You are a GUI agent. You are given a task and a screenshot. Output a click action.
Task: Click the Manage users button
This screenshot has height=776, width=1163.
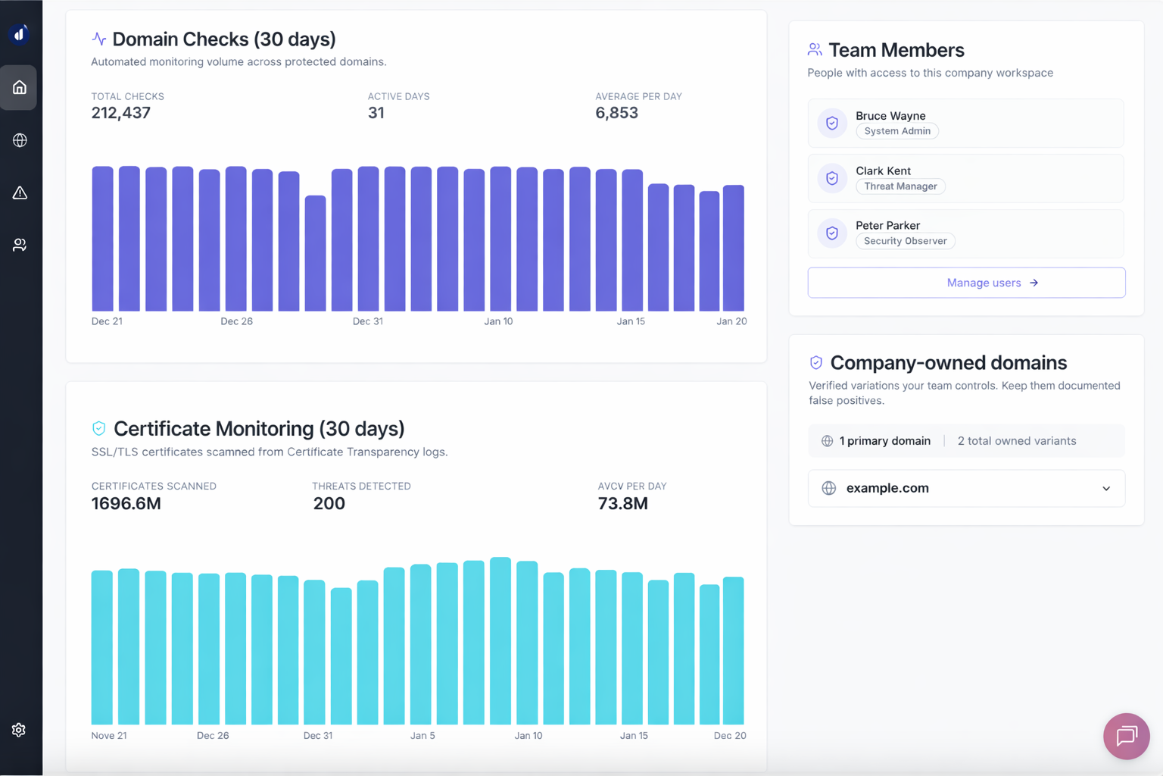[x=966, y=283]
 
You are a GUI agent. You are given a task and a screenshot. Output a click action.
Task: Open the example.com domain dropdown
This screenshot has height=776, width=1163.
[x=966, y=488]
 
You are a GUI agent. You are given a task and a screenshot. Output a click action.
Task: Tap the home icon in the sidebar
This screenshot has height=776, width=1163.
[x=20, y=87]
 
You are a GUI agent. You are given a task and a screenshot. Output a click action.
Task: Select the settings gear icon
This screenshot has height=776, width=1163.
[x=19, y=729]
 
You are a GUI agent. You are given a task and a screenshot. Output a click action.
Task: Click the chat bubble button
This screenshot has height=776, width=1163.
[x=1126, y=735]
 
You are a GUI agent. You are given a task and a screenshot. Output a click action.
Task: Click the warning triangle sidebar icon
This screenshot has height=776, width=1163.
[x=20, y=192]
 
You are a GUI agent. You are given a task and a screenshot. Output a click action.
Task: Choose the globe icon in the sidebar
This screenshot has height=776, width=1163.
[x=20, y=140]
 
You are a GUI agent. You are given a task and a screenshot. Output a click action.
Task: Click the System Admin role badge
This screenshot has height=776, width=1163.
[x=897, y=131]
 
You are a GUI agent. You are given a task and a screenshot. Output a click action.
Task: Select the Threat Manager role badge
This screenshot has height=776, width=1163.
[x=900, y=186]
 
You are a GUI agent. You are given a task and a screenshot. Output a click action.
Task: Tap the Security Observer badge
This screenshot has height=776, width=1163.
[x=905, y=241]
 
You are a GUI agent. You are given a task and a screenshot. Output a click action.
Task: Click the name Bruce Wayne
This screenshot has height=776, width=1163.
[x=890, y=115]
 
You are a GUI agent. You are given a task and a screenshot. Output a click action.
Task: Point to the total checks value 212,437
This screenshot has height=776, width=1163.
[x=121, y=113]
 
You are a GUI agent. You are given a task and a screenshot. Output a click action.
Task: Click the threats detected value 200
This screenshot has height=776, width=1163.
[x=329, y=503]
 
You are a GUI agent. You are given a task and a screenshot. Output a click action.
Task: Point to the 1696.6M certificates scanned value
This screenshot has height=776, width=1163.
[x=126, y=503]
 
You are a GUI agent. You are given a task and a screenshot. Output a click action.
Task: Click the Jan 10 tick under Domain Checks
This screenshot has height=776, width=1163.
[x=498, y=321]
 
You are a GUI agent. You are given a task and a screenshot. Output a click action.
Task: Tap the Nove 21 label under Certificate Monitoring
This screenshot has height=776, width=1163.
[x=109, y=735]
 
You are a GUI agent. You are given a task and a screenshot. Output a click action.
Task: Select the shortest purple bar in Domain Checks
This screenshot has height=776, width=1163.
[x=315, y=253]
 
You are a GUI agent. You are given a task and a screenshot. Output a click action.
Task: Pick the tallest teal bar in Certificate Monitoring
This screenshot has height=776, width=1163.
[x=500, y=641]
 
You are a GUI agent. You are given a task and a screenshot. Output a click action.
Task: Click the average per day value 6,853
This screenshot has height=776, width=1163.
[x=616, y=113]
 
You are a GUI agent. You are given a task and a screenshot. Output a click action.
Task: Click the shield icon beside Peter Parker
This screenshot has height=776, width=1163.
[x=832, y=233]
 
